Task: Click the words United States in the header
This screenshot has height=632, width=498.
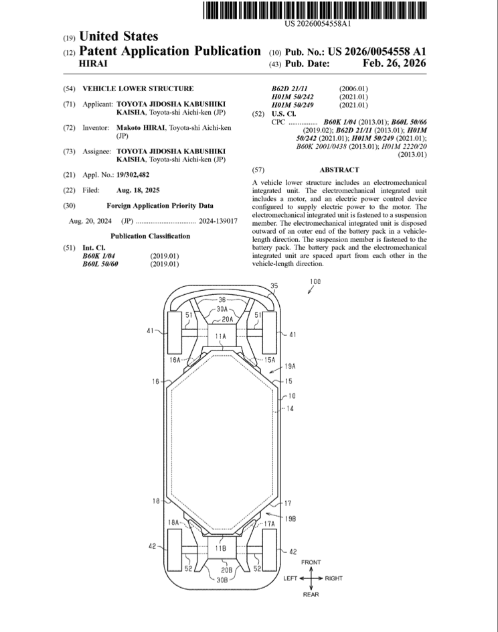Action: tap(118, 36)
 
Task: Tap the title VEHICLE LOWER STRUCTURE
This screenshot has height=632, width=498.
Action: tap(138, 88)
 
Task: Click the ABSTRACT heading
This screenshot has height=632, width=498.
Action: tap(339, 170)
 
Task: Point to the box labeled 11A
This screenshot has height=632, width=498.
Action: tap(220, 335)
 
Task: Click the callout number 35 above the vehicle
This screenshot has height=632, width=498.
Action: tap(273, 286)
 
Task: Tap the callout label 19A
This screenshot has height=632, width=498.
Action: tap(290, 367)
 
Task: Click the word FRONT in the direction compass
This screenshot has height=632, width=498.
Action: tap(311, 562)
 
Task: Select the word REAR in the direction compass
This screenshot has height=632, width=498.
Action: tap(311, 594)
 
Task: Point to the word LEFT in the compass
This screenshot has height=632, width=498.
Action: tap(289, 578)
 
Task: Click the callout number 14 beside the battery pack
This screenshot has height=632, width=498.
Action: tap(290, 407)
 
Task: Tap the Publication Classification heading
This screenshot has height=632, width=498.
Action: tap(150, 236)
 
